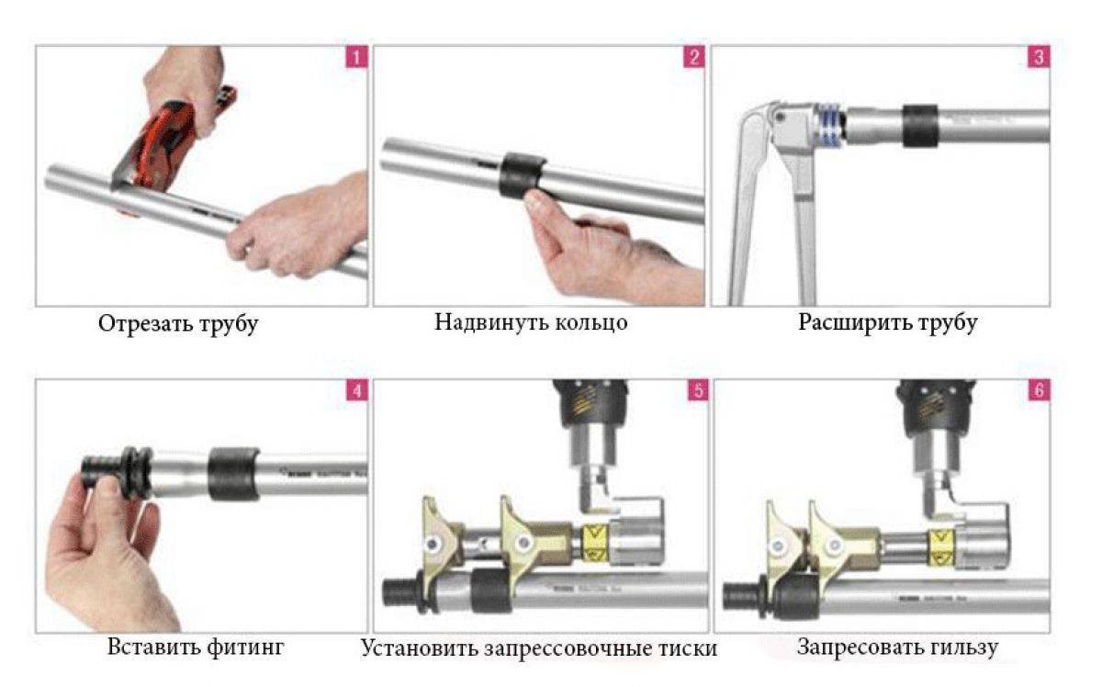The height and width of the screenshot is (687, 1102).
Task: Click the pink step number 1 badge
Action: click(x=356, y=57)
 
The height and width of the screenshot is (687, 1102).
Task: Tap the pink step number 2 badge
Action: click(x=694, y=57)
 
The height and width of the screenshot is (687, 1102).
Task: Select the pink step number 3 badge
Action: click(x=1039, y=57)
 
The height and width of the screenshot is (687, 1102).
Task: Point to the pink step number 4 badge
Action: click(x=357, y=390)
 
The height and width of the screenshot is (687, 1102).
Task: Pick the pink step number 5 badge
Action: click(x=698, y=390)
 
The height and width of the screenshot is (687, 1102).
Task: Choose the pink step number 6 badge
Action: click(x=1039, y=390)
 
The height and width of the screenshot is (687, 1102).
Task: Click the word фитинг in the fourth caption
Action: click(x=245, y=647)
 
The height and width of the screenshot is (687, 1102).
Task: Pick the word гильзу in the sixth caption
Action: click(x=961, y=648)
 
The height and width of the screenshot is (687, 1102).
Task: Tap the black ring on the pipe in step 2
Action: click(x=522, y=175)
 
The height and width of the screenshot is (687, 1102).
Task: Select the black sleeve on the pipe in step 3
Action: click(x=920, y=126)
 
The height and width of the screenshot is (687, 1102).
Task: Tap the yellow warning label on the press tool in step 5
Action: click(x=595, y=543)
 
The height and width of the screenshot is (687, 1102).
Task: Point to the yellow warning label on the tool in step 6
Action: click(x=941, y=547)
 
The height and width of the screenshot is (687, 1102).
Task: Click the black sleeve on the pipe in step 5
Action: click(x=492, y=591)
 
